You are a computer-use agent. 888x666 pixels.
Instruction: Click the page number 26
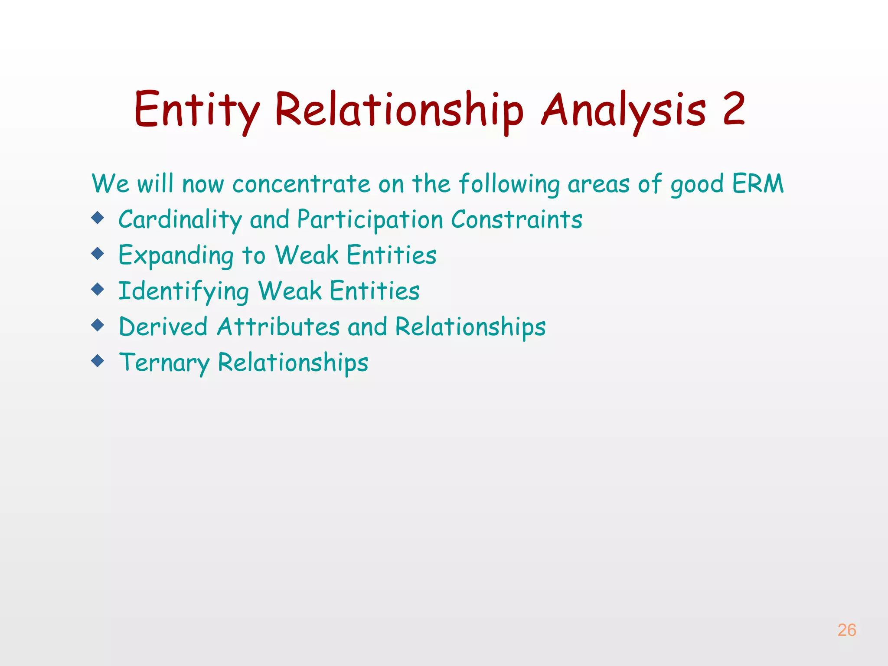click(846, 630)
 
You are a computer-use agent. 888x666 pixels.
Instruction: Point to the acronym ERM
click(758, 183)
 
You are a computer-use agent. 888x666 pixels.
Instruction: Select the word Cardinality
click(180, 220)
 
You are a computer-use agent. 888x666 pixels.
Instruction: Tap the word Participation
click(370, 220)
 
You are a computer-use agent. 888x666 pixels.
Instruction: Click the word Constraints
click(516, 219)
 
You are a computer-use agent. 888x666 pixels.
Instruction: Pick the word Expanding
click(176, 256)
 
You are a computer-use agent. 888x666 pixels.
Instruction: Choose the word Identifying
click(183, 291)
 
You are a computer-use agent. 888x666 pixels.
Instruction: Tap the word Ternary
click(164, 363)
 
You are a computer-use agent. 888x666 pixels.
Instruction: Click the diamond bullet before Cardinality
click(98, 218)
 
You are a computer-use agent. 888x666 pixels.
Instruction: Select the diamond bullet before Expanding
click(98, 253)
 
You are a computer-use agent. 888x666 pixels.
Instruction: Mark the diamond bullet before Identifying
click(98, 289)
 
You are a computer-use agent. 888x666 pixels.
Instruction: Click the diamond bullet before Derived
click(98, 325)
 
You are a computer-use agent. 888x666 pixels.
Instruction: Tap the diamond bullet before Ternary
click(98, 360)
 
